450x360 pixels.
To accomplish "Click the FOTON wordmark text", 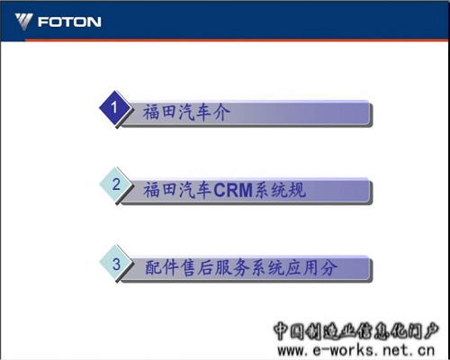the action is pyautogui.click(x=69, y=22).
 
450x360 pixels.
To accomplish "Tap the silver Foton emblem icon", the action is pyautogui.click(x=24, y=22).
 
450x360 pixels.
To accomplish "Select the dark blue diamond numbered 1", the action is pyautogui.click(x=114, y=108).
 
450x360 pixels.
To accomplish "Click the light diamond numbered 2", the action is pyautogui.click(x=115, y=184).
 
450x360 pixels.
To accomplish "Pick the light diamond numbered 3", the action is pyautogui.click(x=115, y=264).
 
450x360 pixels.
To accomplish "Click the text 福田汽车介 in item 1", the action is pyautogui.click(x=186, y=112).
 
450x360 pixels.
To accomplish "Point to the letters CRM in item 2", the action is pyautogui.click(x=233, y=190).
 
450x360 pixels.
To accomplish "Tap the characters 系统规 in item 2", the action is pyautogui.click(x=281, y=190).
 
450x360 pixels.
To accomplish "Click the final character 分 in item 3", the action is pyautogui.click(x=328, y=267).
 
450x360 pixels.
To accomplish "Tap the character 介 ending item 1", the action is pyautogui.click(x=221, y=112).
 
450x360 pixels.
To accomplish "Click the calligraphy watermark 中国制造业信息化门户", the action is pyautogui.click(x=355, y=331).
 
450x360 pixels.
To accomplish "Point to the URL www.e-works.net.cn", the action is pyautogui.click(x=355, y=350).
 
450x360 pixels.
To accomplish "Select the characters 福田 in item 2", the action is pyautogui.click(x=160, y=190).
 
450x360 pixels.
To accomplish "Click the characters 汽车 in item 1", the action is pyautogui.click(x=195, y=112).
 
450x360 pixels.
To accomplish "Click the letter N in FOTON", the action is pyautogui.click(x=94, y=22).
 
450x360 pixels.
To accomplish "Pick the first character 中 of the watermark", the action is pyautogui.click(x=281, y=331).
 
